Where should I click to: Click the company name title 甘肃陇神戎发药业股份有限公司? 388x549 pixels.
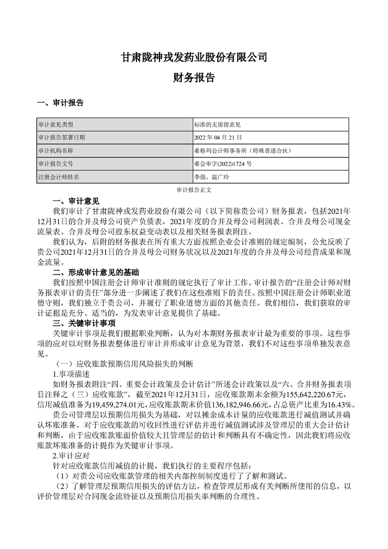coord(194,57)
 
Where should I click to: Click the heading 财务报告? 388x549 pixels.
coord(194,77)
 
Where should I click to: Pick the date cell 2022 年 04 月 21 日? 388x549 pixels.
coord(218,138)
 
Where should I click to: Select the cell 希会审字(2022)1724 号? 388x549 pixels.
coord(224,164)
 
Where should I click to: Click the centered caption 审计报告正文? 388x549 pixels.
coord(194,189)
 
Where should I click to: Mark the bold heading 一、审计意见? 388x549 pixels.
coord(76,201)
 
